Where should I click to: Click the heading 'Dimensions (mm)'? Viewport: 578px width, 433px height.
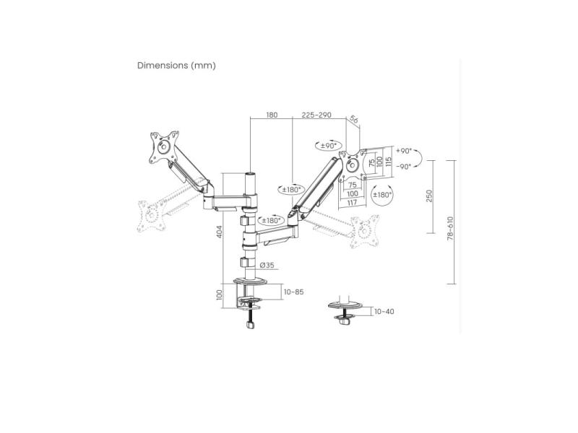coord(176,66)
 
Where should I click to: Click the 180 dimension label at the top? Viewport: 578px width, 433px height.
coord(272,115)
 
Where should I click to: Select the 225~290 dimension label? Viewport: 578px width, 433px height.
coord(316,115)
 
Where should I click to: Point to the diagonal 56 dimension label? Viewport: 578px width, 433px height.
coord(354,120)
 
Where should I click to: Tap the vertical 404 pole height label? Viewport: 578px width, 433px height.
coord(218,232)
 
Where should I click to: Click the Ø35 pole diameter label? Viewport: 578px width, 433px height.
coord(265,265)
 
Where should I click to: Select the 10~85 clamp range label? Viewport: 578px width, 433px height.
coord(293,292)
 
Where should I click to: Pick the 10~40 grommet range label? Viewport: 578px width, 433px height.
coord(384,312)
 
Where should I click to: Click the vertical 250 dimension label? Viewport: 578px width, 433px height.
coord(429,196)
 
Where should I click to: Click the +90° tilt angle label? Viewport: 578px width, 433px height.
coord(403,151)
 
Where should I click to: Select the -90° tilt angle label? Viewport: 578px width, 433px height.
coord(403,166)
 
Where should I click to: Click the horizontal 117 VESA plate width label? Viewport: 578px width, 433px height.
coord(352,203)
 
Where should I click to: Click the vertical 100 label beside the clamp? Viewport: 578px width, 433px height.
coord(218,294)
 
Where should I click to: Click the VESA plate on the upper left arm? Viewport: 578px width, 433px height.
coord(163,148)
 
